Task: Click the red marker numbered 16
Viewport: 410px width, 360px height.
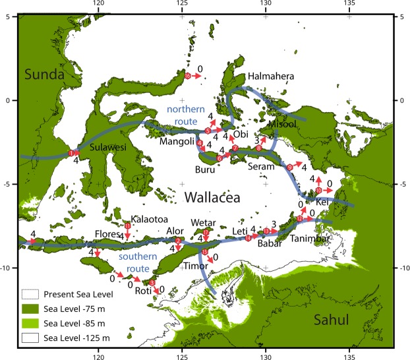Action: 188,76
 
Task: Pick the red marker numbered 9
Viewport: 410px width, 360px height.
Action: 288,167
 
